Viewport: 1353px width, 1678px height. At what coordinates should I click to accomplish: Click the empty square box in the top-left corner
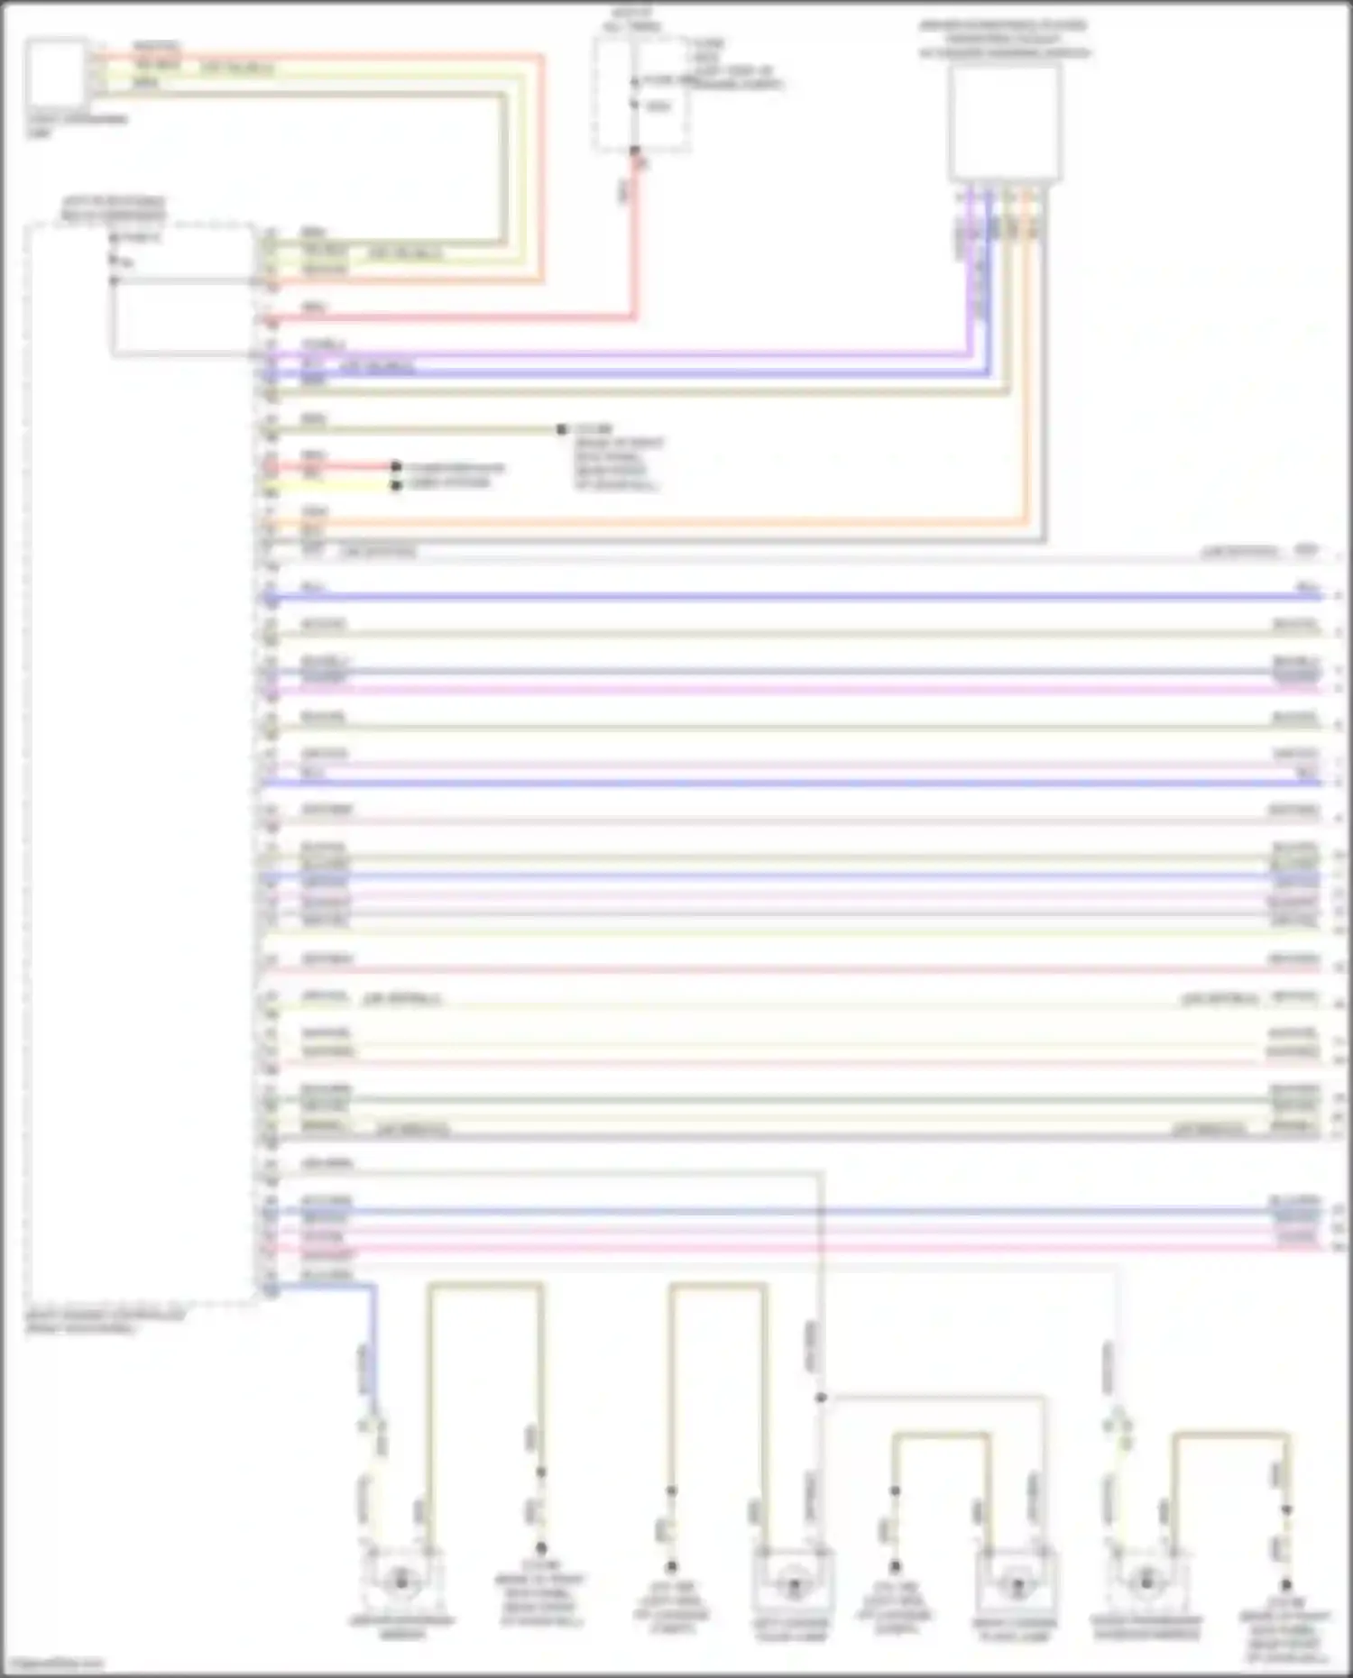[x=56, y=71]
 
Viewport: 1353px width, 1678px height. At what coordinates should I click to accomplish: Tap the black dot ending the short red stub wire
[x=396, y=466]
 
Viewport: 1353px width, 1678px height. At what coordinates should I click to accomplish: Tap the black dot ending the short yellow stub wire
[x=396, y=485]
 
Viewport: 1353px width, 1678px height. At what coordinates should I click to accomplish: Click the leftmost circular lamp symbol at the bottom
[x=401, y=1581]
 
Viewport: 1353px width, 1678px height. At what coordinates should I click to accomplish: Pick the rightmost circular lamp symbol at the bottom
[x=1146, y=1581]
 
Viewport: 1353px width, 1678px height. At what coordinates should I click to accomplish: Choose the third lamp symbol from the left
[x=1015, y=1585]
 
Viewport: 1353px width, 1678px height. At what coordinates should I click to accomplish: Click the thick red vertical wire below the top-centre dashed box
[x=634, y=243]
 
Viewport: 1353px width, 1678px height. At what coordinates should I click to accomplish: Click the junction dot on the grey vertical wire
[x=821, y=1398]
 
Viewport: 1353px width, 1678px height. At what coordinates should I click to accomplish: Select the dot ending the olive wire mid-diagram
[x=561, y=430]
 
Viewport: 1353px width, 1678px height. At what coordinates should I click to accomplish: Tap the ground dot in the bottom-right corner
[x=1286, y=1584]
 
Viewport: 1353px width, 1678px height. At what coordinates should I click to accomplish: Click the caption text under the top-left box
[x=76, y=125]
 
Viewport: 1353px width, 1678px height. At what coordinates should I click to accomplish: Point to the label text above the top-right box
[x=1003, y=39]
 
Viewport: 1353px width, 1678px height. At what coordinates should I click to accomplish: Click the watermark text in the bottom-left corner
[x=52, y=1663]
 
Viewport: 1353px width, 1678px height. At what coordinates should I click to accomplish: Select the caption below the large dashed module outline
[x=104, y=1322]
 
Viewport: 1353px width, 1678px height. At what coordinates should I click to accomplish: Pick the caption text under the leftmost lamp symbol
[x=401, y=1626]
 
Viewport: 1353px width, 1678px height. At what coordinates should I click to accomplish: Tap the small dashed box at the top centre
[x=641, y=95]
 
